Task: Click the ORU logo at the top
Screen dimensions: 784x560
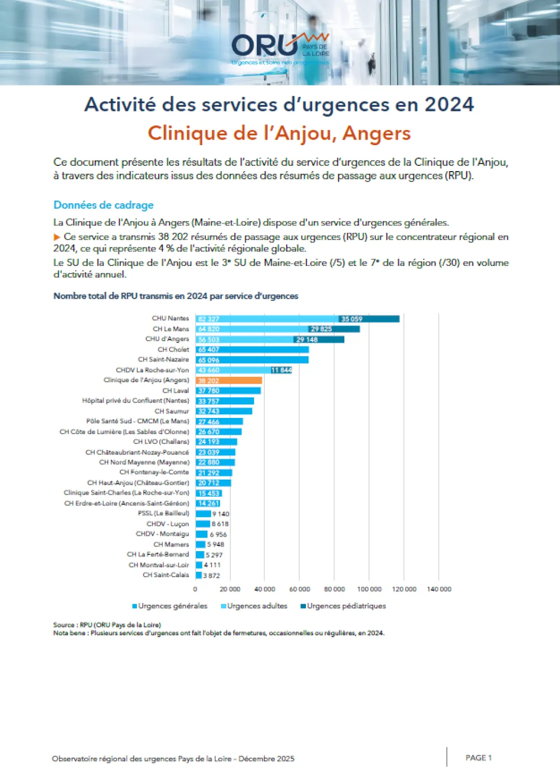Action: click(280, 48)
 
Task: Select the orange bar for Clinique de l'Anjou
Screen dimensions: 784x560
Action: click(229, 381)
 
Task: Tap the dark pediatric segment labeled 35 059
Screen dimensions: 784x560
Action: click(369, 319)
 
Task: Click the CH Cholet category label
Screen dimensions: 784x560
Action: click(173, 349)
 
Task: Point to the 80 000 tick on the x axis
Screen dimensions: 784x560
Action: click(334, 589)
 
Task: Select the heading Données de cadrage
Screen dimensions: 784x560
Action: click(104, 205)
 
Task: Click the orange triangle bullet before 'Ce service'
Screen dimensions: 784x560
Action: click(57, 237)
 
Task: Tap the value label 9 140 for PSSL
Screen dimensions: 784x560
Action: click(220, 514)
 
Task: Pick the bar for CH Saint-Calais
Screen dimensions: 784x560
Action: click(199, 575)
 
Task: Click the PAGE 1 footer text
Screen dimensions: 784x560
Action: click(478, 758)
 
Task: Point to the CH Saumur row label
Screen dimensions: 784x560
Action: click(172, 411)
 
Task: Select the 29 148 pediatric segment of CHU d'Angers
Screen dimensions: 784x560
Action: click(319, 340)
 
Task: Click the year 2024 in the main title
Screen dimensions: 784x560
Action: click(449, 105)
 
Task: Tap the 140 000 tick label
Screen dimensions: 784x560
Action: click(439, 589)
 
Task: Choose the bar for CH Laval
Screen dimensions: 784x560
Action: click(228, 390)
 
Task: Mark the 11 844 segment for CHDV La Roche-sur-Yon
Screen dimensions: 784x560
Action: click(281, 370)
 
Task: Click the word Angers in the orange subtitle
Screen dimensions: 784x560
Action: click(376, 133)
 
